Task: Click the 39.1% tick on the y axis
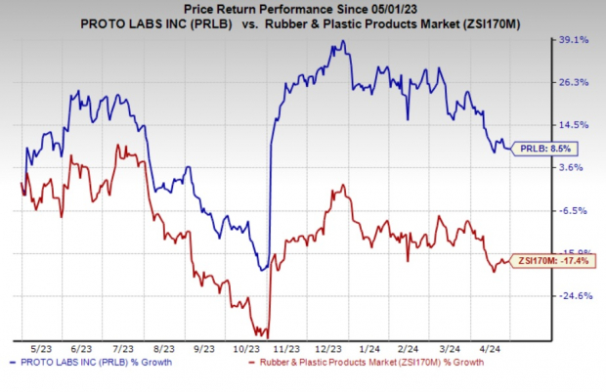[573, 40]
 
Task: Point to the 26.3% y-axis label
[573, 82]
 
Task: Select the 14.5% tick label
[573, 125]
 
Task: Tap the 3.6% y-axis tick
[571, 167]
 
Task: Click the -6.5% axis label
[572, 210]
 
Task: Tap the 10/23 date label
[247, 348]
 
